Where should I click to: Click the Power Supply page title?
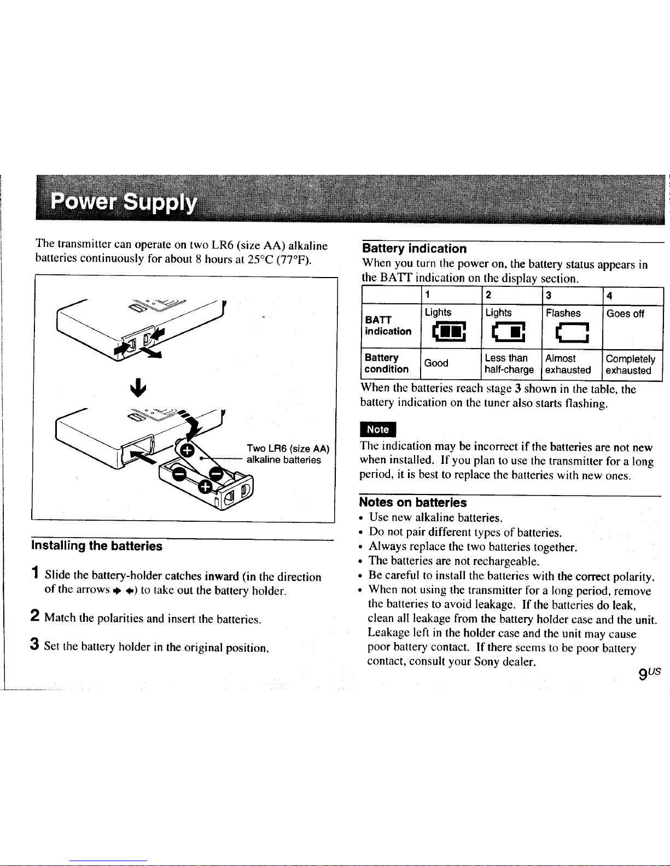124,205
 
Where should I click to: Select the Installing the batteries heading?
97,546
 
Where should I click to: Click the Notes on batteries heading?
413,502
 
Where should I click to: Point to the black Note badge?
377,429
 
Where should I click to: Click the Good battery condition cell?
436,363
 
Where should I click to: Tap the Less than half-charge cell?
509,364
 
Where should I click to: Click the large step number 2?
34,616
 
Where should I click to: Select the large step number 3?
34,646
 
